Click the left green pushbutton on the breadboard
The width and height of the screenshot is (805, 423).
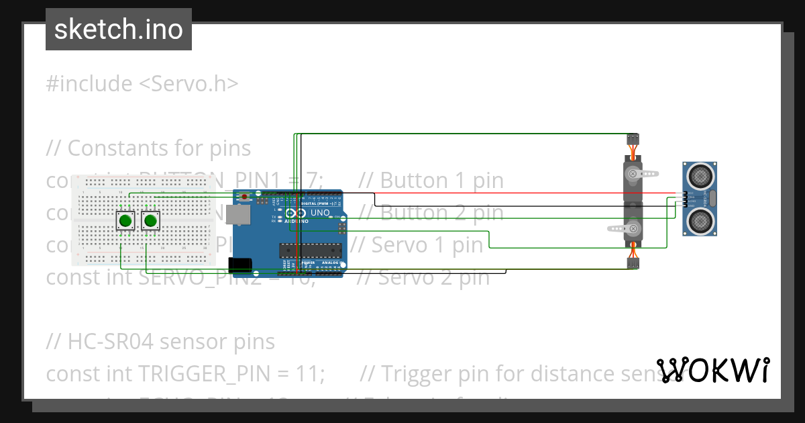tap(125, 220)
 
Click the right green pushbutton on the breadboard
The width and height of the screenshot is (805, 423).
tap(150, 220)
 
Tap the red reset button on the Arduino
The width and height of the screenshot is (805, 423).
tap(244, 196)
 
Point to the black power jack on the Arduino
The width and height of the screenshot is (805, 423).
tap(240, 266)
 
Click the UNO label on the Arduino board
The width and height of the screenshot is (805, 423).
tap(321, 214)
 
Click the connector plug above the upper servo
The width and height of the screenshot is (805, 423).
tap(633, 138)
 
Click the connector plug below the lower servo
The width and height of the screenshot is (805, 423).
tap(633, 263)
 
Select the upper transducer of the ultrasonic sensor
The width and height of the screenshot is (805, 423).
tap(700, 176)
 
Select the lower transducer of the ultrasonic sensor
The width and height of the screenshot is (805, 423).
tap(700, 219)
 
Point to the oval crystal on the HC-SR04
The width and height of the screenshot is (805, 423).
tap(712, 197)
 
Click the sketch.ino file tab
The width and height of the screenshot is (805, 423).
tap(119, 30)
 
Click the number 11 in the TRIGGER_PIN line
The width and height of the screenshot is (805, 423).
tap(311, 373)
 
